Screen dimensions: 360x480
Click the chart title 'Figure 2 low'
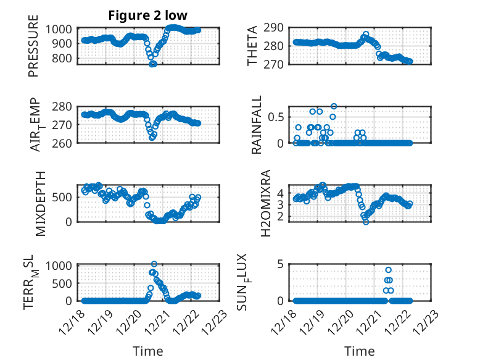coord(148,15)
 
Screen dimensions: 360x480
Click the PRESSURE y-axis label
coord(33,51)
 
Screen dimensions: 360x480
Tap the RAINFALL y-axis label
coord(256,125)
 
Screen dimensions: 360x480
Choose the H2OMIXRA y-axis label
coord(265,203)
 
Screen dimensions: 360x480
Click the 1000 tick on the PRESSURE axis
coord(64,29)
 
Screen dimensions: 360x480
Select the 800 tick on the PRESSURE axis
coord(67,58)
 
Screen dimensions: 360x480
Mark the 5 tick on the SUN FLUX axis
coord(279,265)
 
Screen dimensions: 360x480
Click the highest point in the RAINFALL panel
coord(334,106)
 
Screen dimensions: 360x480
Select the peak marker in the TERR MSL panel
coord(154,264)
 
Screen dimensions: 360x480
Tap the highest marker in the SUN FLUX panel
coord(388,270)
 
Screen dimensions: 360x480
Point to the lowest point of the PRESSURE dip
coord(152,64)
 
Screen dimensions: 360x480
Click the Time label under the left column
coord(148,351)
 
